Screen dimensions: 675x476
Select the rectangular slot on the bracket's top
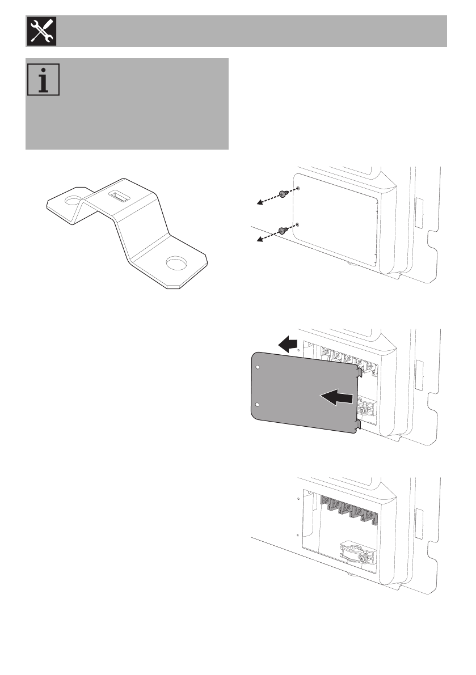118,197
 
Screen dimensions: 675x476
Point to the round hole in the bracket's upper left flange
73,201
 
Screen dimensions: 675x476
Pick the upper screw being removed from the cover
282,195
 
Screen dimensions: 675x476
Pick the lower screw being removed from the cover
282,230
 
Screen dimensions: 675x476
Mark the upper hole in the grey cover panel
259,368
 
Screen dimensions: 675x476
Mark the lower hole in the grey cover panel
259,405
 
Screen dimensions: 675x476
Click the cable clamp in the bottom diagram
356,553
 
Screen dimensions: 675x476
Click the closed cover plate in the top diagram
335,224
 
